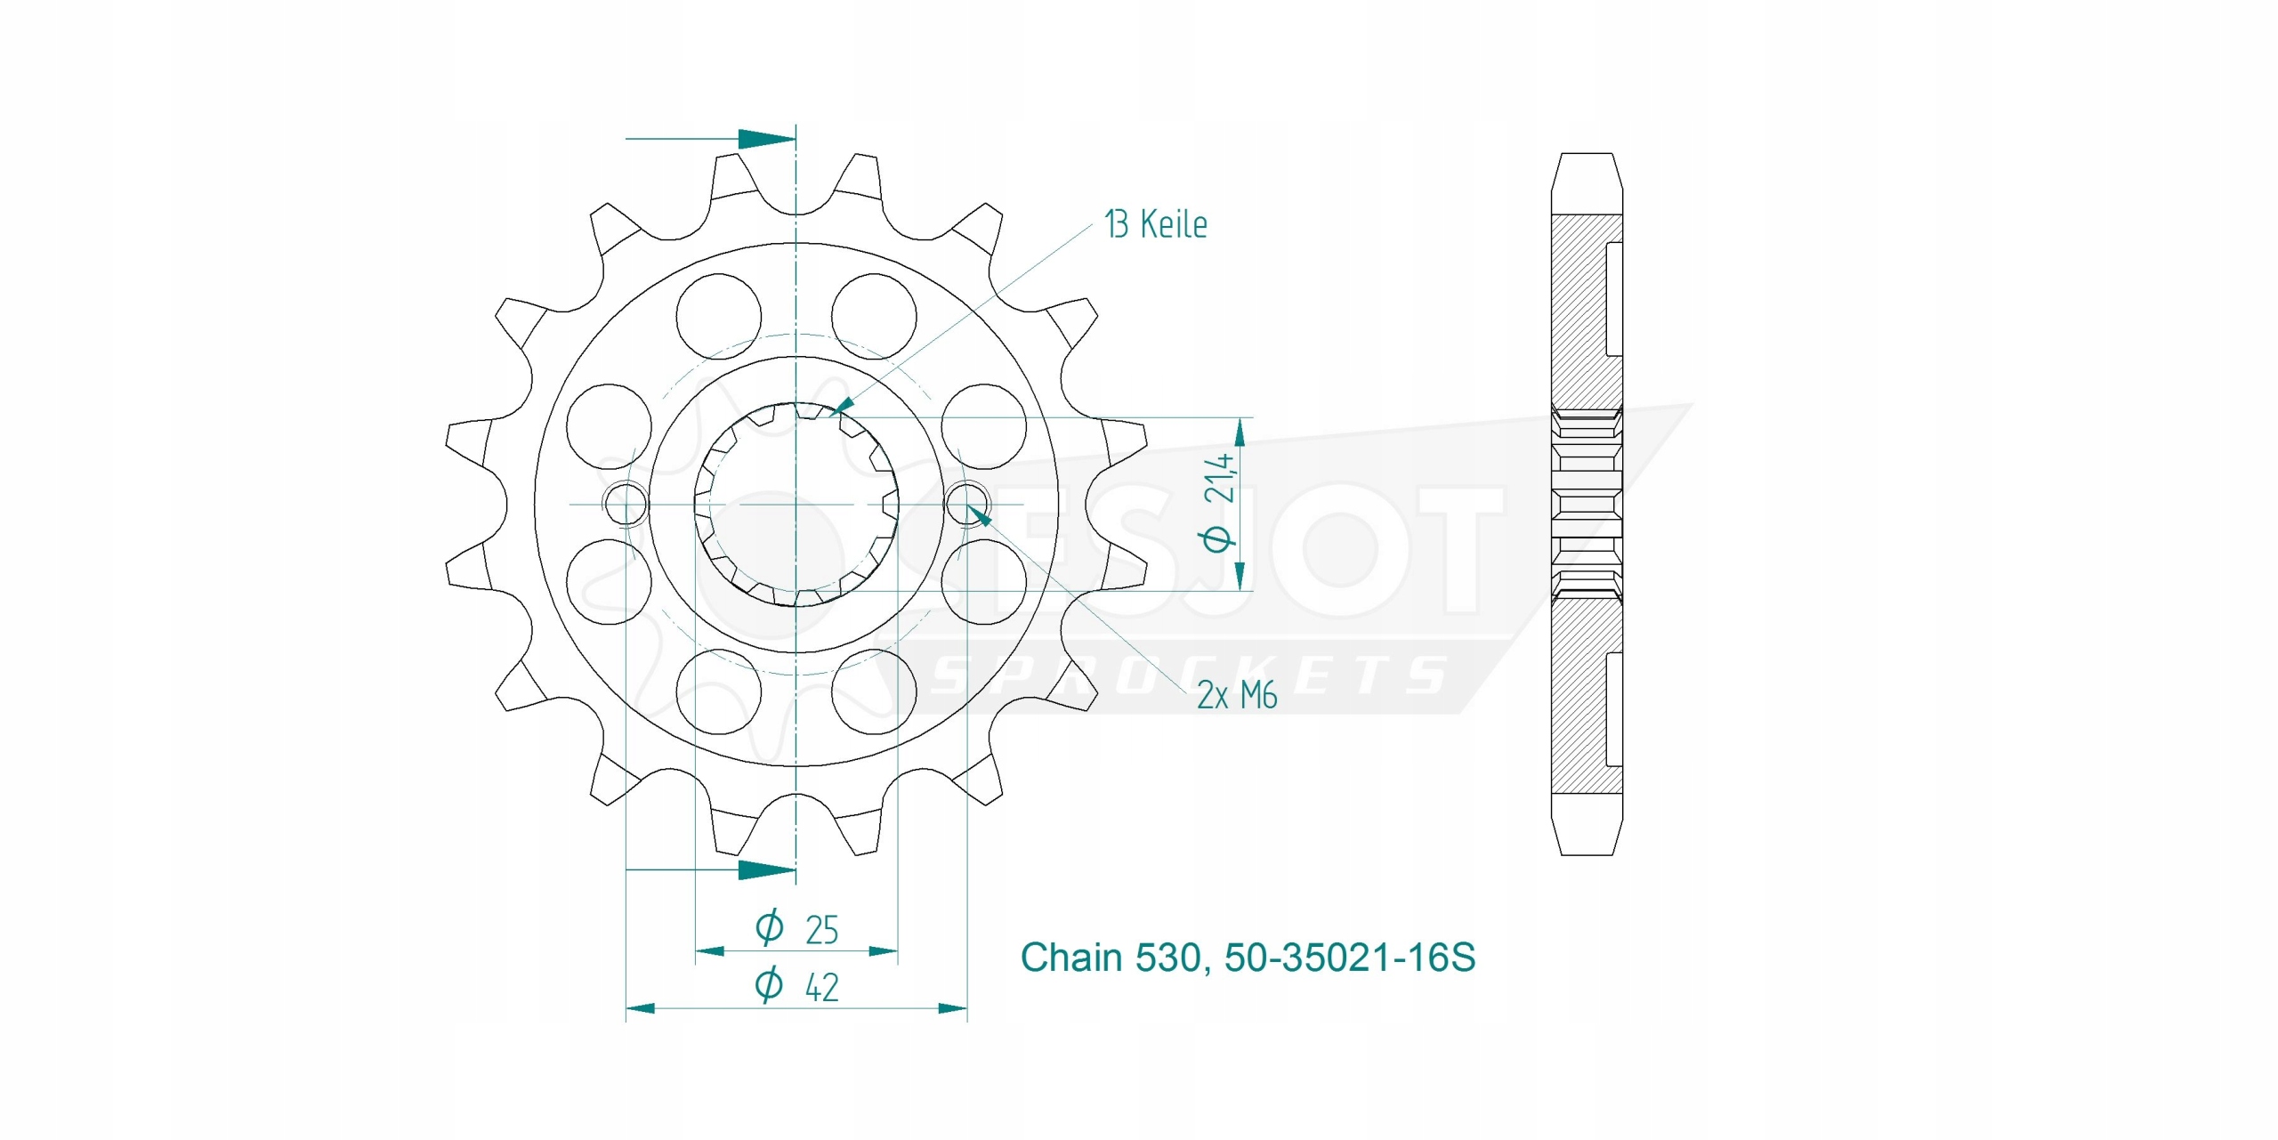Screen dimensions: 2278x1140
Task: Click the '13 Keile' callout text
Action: [x=1155, y=224]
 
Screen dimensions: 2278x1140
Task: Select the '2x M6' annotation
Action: [x=1237, y=695]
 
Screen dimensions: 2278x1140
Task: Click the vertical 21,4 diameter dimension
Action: [x=1218, y=503]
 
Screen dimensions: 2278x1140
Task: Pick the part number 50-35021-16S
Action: [x=1349, y=958]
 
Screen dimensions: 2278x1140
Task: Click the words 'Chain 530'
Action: [x=1111, y=958]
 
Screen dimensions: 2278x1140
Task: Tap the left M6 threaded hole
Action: [x=626, y=505]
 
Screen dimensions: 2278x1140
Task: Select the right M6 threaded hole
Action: [x=966, y=505]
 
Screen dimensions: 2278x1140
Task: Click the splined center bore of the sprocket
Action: [x=796, y=505]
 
